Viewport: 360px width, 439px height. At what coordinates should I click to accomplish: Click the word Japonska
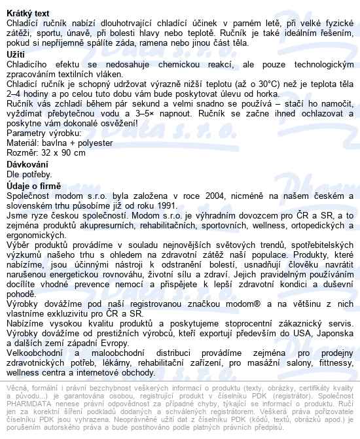click(x=335, y=334)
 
